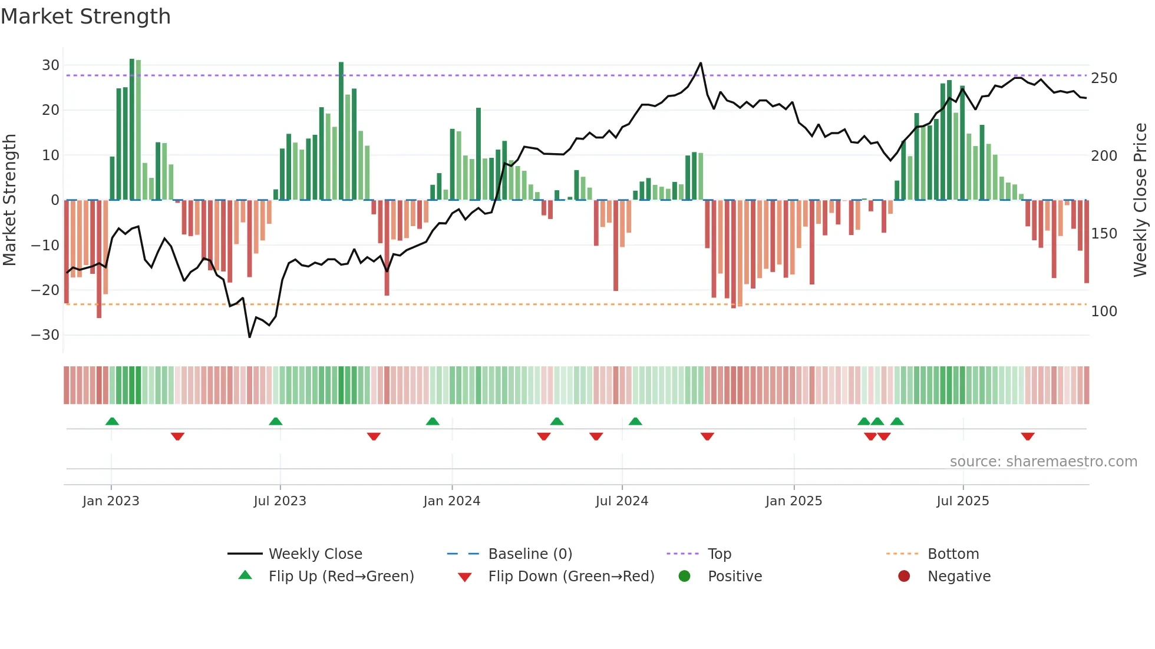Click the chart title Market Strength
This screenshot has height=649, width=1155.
pos(85,16)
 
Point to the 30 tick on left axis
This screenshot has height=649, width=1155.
pos(50,65)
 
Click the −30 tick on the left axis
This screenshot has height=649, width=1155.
pos(45,335)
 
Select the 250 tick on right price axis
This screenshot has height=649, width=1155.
pos(1104,78)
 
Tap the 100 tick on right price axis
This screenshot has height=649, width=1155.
pos(1104,312)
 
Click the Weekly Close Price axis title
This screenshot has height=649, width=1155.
pos(1140,200)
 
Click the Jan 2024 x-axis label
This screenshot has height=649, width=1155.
pos(451,501)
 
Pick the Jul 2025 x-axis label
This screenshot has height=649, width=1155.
pos(962,501)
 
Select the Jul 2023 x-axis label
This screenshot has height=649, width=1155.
pos(280,501)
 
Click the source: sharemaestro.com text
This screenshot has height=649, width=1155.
pos(1043,462)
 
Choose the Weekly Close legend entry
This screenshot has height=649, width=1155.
pos(315,554)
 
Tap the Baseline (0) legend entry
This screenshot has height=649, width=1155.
pos(530,554)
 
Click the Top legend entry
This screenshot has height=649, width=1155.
pos(719,554)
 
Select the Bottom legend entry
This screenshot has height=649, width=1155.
pos(953,554)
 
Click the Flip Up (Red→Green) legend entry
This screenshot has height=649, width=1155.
pos(341,577)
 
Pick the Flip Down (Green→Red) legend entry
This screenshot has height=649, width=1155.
pos(571,577)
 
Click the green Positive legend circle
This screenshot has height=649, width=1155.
pos(684,577)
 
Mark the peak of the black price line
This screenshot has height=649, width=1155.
pos(701,63)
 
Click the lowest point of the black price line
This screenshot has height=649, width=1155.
pos(250,337)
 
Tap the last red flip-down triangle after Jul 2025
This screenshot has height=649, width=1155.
pos(1028,436)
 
